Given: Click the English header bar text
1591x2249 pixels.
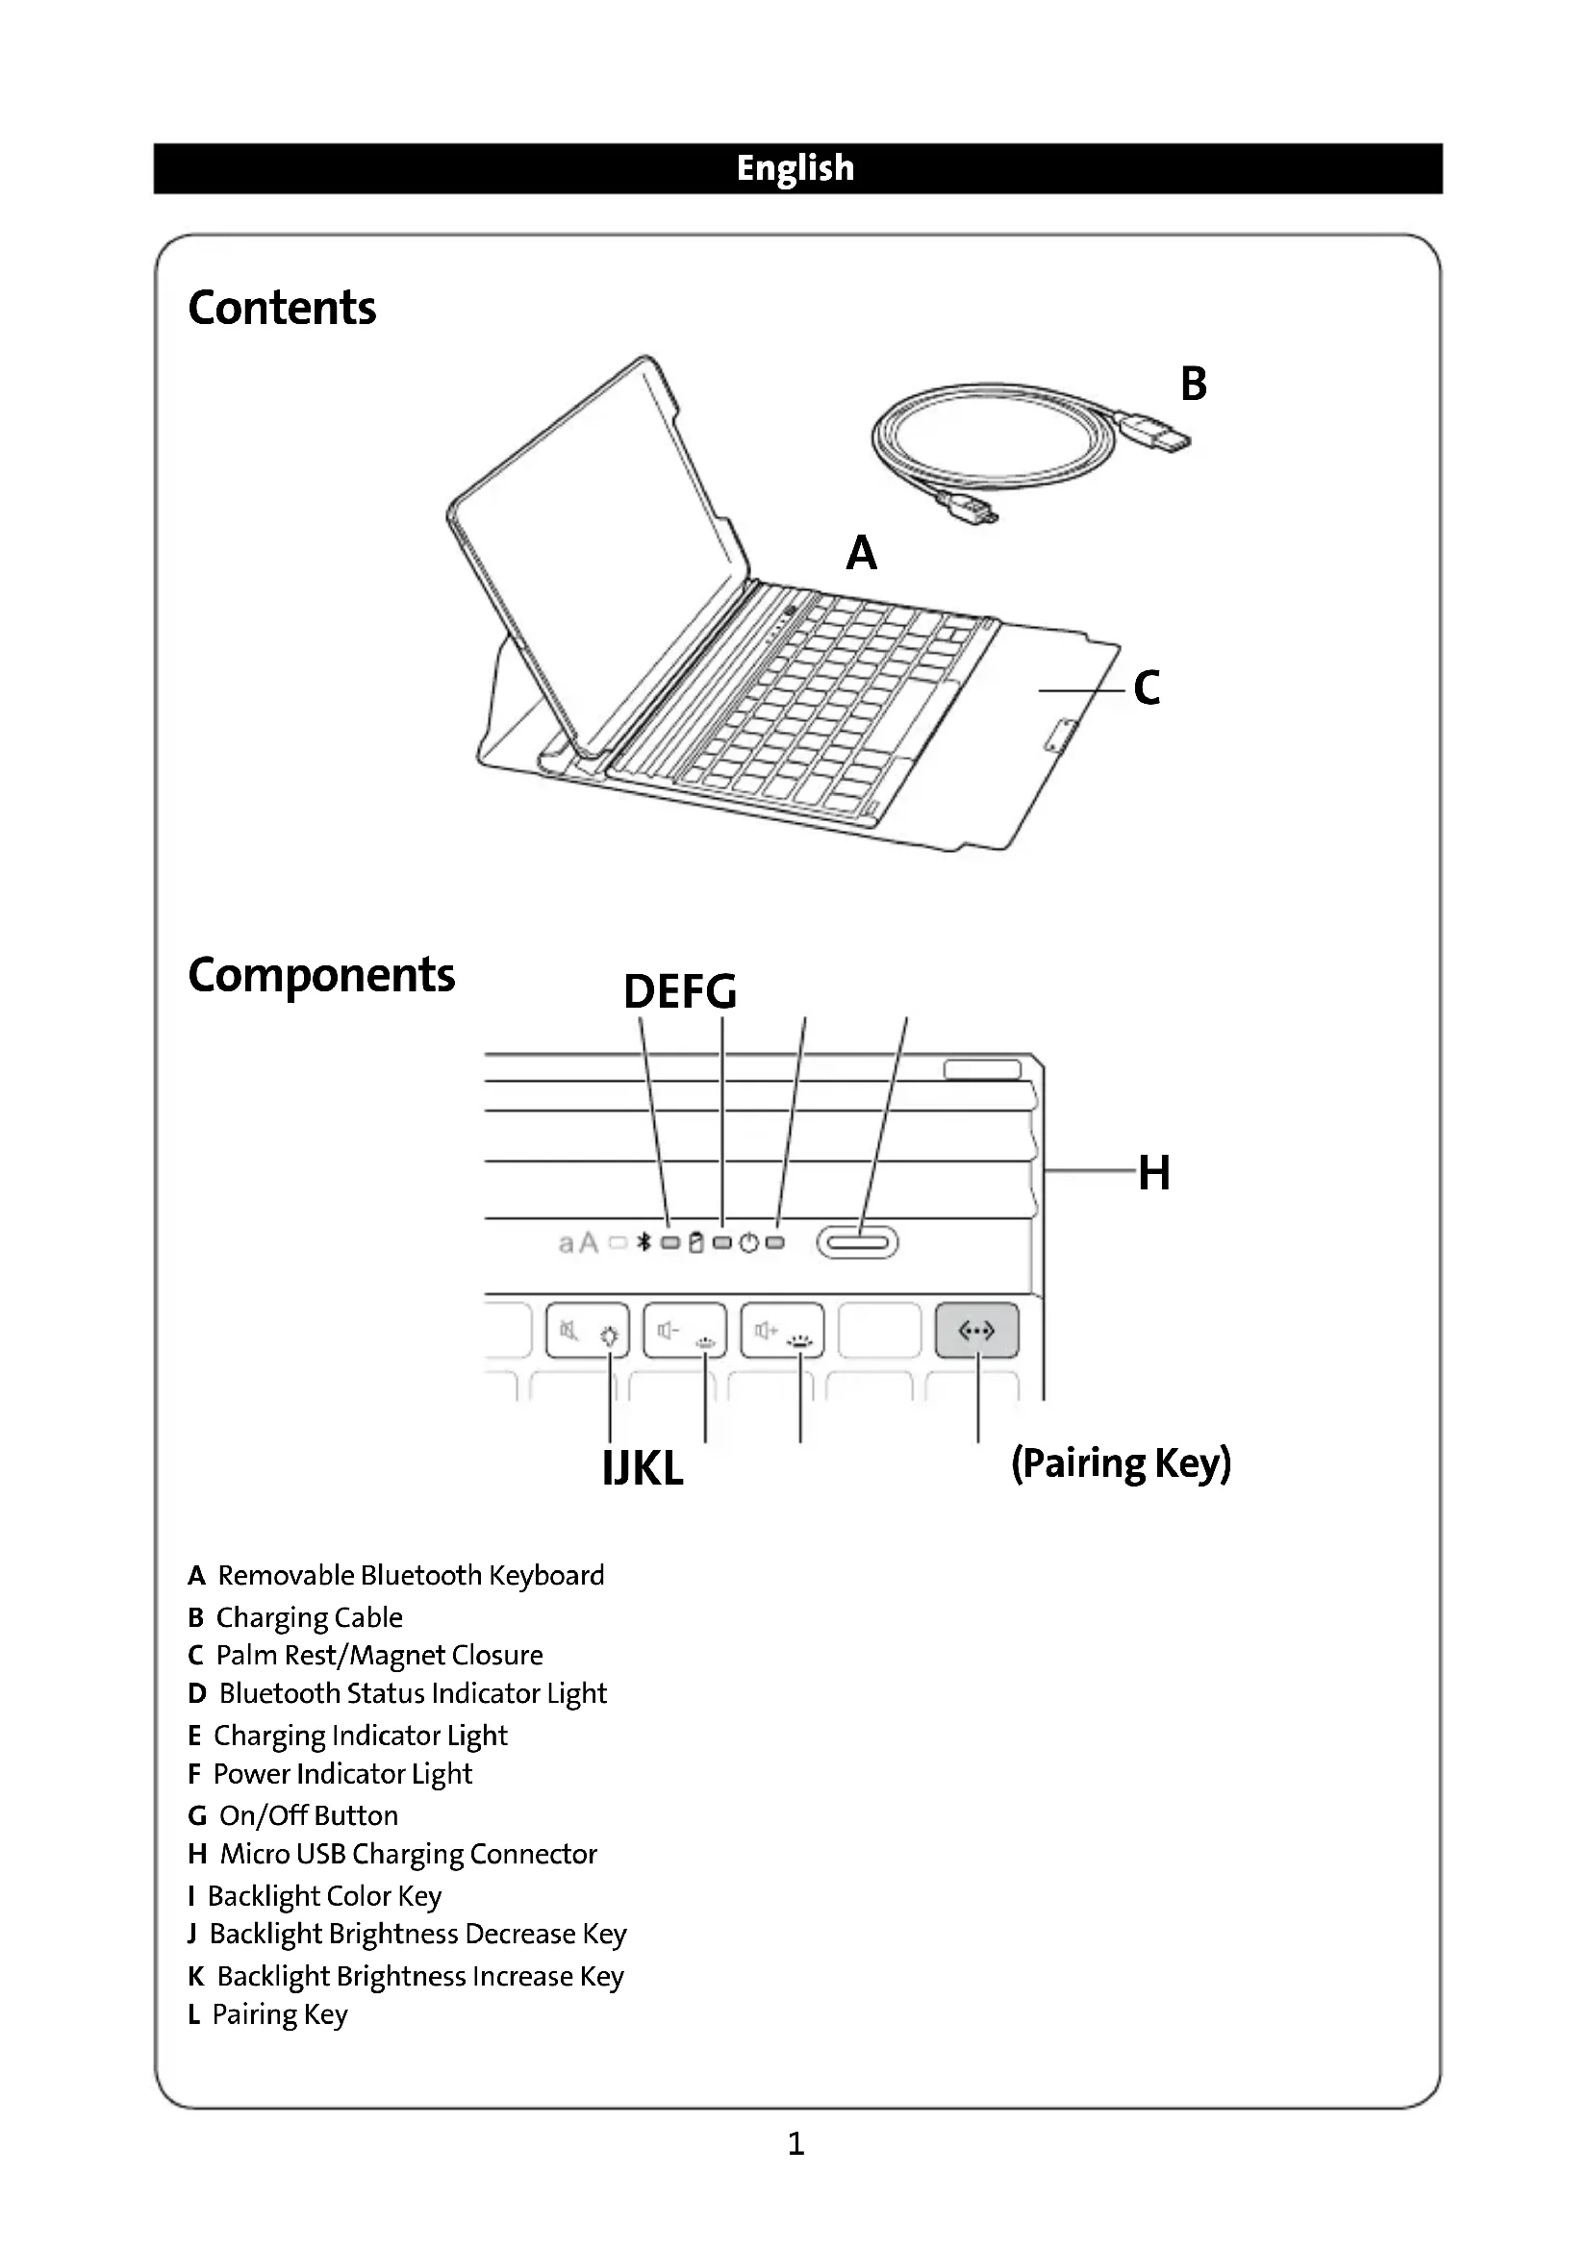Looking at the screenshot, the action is pos(795,168).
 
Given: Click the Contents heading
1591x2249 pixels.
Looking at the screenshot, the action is pos(282,308).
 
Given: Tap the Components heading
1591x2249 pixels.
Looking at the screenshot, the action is pos(321,975).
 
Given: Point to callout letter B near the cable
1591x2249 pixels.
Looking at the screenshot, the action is pos(1193,384).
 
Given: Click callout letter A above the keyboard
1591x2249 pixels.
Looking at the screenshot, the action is pos(861,554).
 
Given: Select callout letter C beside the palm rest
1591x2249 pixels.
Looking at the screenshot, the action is pos(1147,687).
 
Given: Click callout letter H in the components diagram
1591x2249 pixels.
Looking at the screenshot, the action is pos(1154,1172).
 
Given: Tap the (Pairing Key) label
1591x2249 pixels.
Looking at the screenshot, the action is pos(1121,1463).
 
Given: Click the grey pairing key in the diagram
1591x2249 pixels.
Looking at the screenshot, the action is pos(976,1330).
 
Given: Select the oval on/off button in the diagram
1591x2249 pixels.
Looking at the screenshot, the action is pos(857,1243).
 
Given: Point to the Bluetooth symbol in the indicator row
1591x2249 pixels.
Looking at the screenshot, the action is pos(644,1243).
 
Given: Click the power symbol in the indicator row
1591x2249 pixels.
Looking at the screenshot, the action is pos(748,1243).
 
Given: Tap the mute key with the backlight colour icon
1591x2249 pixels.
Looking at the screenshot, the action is pos(587,1330).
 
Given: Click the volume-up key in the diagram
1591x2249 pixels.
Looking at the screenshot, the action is pos(782,1330).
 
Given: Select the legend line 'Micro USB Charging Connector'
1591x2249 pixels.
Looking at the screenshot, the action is pos(392,1854).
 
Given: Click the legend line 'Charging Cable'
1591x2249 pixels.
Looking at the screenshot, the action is pos(295,1617).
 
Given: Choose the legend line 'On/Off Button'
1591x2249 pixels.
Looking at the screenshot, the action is pos(293,1816).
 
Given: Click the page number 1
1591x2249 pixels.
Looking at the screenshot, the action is pos(795,2144).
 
